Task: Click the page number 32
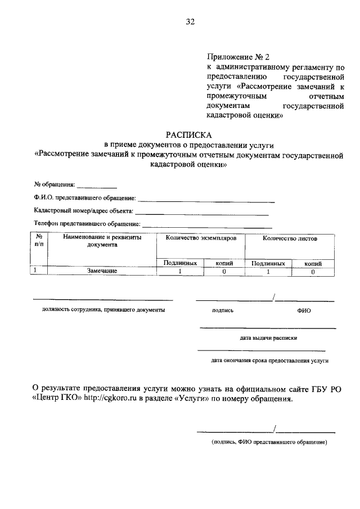click(190, 22)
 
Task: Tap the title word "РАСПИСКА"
click(189, 135)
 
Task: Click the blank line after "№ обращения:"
click(96, 186)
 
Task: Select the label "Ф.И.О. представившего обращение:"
click(85, 198)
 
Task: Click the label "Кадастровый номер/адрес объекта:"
click(83, 211)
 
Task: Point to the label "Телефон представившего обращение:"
click(87, 224)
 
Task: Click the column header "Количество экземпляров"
click(200, 238)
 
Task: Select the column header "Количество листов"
click(289, 238)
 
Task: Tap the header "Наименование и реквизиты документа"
click(102, 241)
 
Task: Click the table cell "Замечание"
click(102, 271)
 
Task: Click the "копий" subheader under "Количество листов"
click(313, 263)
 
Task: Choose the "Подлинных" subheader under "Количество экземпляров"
click(180, 263)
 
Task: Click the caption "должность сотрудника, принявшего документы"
click(103, 310)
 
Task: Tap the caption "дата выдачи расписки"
click(268, 338)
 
